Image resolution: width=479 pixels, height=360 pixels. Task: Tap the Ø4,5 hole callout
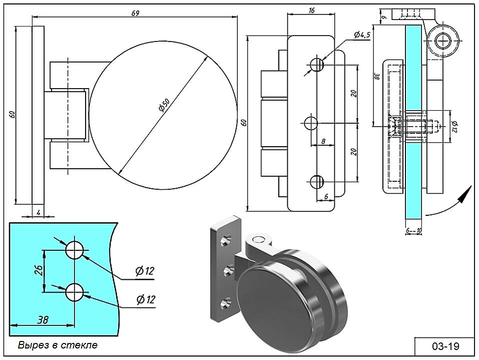click(361, 35)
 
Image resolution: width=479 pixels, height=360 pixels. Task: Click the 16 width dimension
click(311, 10)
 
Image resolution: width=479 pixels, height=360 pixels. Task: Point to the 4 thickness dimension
click(38, 213)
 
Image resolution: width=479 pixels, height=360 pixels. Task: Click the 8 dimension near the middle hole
click(324, 141)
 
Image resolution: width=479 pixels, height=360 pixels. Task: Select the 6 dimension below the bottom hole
click(326, 197)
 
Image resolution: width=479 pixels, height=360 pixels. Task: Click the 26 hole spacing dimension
click(39, 270)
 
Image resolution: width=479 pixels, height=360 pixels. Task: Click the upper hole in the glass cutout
click(74, 249)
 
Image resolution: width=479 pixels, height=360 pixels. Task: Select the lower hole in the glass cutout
click(74, 292)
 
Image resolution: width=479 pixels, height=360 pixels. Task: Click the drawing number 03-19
click(445, 346)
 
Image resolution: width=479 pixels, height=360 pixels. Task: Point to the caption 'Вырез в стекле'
click(58, 345)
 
